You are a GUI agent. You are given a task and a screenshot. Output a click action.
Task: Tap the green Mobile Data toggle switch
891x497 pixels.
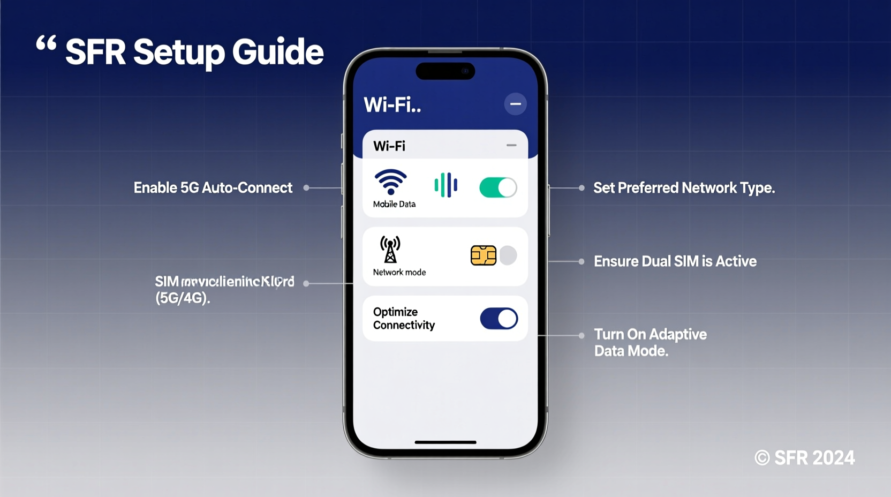click(x=498, y=187)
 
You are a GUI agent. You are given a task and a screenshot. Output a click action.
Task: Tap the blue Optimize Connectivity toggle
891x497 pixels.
click(x=499, y=319)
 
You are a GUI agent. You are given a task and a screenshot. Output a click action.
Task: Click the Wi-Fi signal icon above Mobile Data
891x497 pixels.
click(x=390, y=182)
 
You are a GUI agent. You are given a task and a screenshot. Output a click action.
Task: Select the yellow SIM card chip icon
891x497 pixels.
click(x=483, y=255)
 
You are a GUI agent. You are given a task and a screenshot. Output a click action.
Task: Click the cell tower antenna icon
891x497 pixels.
click(x=390, y=249)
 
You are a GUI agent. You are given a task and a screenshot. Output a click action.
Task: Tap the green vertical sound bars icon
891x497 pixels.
click(x=445, y=185)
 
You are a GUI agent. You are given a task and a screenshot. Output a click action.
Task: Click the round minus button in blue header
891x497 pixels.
click(x=515, y=104)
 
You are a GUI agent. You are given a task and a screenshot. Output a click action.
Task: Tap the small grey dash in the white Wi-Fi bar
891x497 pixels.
click(x=511, y=145)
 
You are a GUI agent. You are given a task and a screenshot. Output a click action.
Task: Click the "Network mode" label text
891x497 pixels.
click(x=399, y=272)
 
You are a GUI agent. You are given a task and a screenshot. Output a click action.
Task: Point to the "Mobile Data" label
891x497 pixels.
click(x=394, y=204)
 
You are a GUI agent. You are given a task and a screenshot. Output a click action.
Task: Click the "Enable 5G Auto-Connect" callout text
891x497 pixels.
click(x=213, y=187)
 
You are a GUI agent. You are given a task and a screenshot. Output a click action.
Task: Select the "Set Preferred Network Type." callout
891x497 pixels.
click(x=684, y=188)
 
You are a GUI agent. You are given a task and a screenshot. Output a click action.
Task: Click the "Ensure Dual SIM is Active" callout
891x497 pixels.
click(x=675, y=261)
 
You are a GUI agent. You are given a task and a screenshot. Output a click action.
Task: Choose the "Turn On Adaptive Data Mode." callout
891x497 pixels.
click(x=650, y=342)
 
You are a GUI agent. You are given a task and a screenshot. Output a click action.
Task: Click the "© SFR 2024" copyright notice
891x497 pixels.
click(x=804, y=458)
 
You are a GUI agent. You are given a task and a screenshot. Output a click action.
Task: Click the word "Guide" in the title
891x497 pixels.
click(x=277, y=52)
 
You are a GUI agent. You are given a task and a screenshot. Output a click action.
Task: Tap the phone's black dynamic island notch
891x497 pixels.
click(x=445, y=71)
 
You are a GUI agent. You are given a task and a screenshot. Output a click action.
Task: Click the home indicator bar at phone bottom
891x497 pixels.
click(x=445, y=442)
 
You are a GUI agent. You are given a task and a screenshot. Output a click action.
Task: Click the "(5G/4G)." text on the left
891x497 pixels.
click(x=183, y=298)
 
